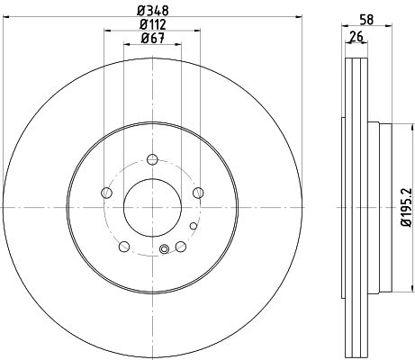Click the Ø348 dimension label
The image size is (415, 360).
click(x=153, y=11)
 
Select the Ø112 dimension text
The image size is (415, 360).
click(x=153, y=24)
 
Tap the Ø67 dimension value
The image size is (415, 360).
click(x=153, y=38)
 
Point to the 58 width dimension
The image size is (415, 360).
click(x=366, y=20)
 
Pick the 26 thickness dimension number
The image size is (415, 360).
click(x=356, y=37)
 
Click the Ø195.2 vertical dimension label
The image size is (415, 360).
click(x=408, y=207)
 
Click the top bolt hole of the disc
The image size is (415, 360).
click(x=152, y=159)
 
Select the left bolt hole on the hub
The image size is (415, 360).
click(x=106, y=193)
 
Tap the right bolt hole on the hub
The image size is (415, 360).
click(x=198, y=193)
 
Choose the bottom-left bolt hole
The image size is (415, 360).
click(x=124, y=247)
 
